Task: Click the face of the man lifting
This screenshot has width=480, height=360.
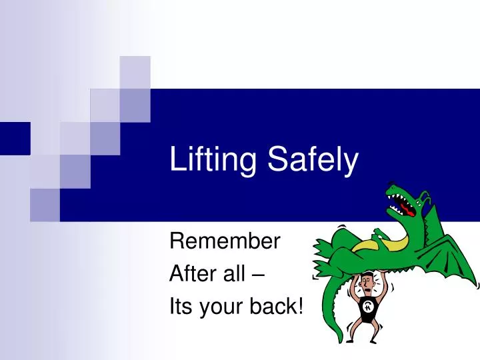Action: pos(365,286)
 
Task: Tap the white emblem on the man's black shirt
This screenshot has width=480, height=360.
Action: pos(368,307)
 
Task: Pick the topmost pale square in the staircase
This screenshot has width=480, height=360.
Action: pos(135,72)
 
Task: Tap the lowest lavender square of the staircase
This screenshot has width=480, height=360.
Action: pos(45,204)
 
